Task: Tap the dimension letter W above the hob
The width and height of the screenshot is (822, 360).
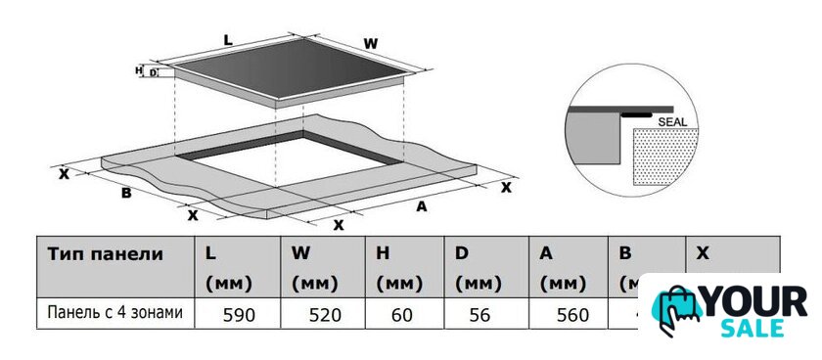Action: tap(371, 44)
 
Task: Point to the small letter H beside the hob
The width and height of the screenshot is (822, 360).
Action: tap(138, 70)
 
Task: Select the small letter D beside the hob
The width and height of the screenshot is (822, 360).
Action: tap(153, 72)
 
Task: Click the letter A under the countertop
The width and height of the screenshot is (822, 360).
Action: tap(421, 207)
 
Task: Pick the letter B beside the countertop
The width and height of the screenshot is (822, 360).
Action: tap(126, 194)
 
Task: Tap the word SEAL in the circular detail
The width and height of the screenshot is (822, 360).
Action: tap(671, 122)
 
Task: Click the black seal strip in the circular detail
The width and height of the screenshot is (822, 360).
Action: tap(636, 113)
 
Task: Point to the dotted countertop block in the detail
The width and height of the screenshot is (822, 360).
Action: tap(665, 157)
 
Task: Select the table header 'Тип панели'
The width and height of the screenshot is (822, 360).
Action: tap(106, 254)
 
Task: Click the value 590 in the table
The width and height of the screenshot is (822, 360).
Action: tap(239, 315)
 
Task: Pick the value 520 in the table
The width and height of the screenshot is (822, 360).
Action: tap(325, 315)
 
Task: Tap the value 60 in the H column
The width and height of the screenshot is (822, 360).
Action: tap(402, 315)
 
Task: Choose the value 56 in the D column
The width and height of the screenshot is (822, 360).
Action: tap(480, 315)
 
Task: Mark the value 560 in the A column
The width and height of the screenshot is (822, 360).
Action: tap(573, 315)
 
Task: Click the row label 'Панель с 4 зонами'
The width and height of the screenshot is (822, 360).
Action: tap(115, 313)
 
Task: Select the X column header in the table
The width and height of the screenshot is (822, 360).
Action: tap(703, 253)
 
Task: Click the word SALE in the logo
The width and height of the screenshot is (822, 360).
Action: tap(752, 328)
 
